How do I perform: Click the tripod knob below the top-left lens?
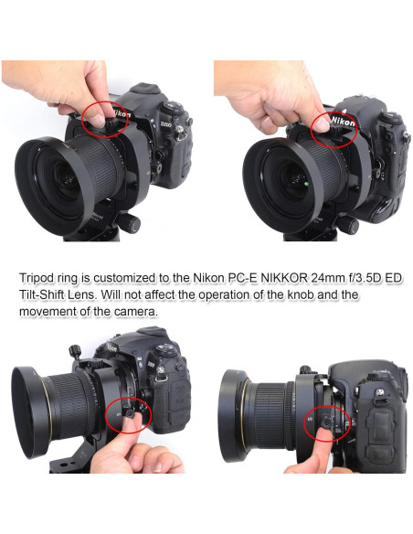click(x=130, y=221)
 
